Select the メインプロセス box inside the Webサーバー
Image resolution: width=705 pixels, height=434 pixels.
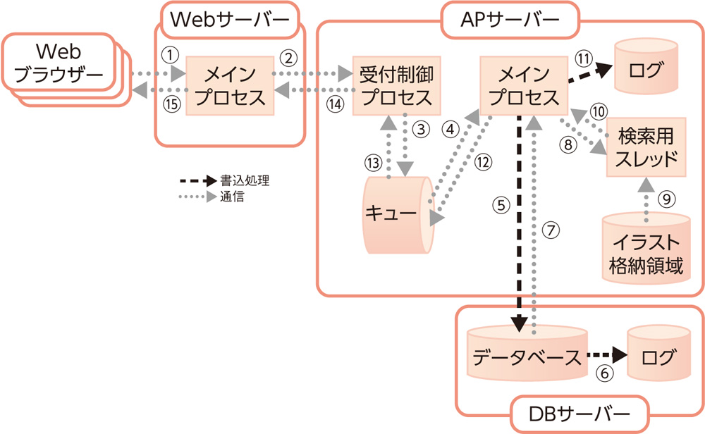[230, 85]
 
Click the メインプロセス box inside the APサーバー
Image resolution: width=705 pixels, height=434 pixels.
[522, 85]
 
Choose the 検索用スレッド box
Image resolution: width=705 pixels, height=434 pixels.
[646, 146]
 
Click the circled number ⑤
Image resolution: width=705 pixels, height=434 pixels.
[501, 206]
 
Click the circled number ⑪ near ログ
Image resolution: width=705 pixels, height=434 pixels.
[582, 58]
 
